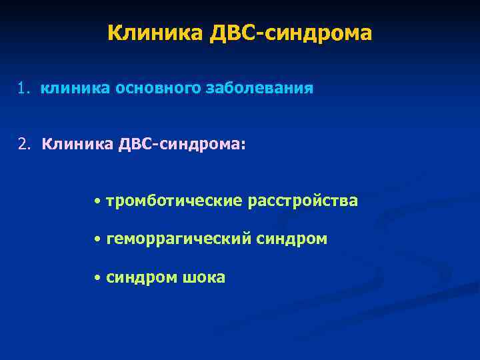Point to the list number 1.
point(23,89)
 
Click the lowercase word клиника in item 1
point(75,89)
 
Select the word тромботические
point(175,201)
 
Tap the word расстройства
point(303,201)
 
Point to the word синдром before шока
point(141,277)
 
